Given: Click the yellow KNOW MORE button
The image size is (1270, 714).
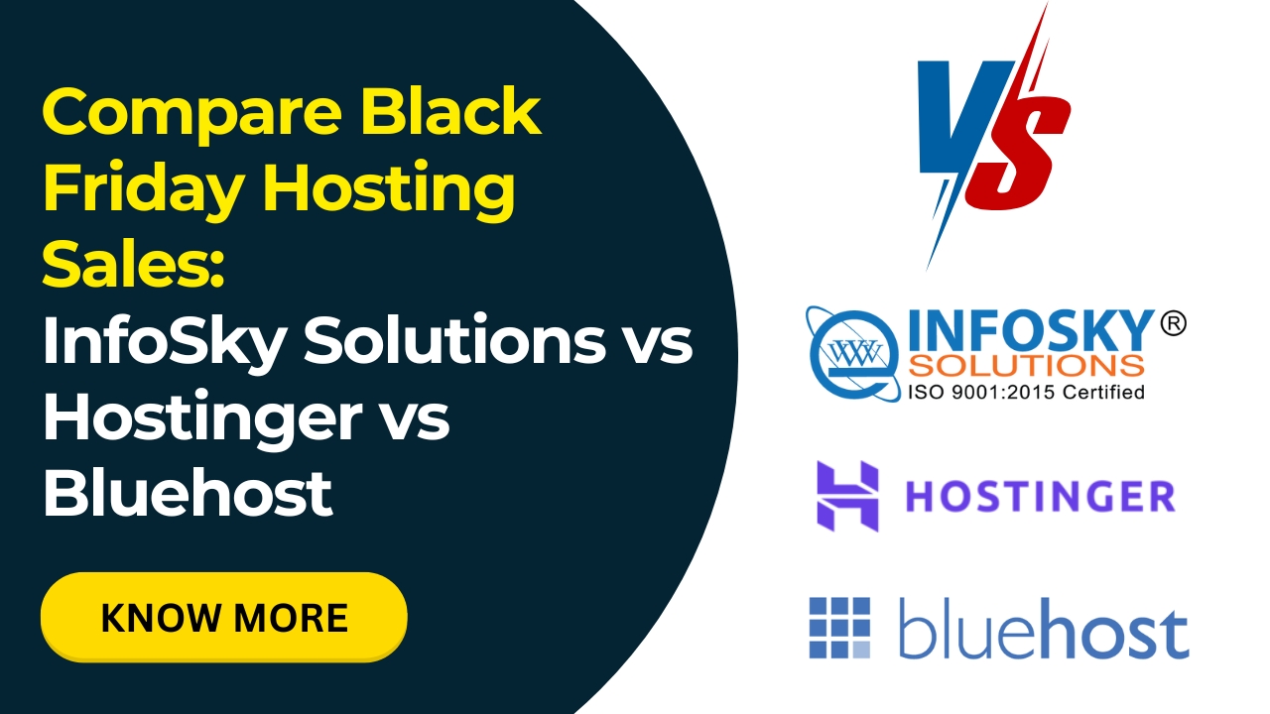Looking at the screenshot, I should coord(223,617).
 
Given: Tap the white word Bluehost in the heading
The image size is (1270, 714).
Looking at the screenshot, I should coord(187,493).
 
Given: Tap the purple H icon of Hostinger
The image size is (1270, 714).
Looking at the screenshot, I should coord(847,495).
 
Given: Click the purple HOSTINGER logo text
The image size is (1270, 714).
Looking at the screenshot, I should coord(1040,496).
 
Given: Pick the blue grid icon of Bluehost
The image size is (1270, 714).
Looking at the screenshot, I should coord(839,627).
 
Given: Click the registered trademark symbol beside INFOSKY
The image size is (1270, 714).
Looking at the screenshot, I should coord(1172,323).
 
